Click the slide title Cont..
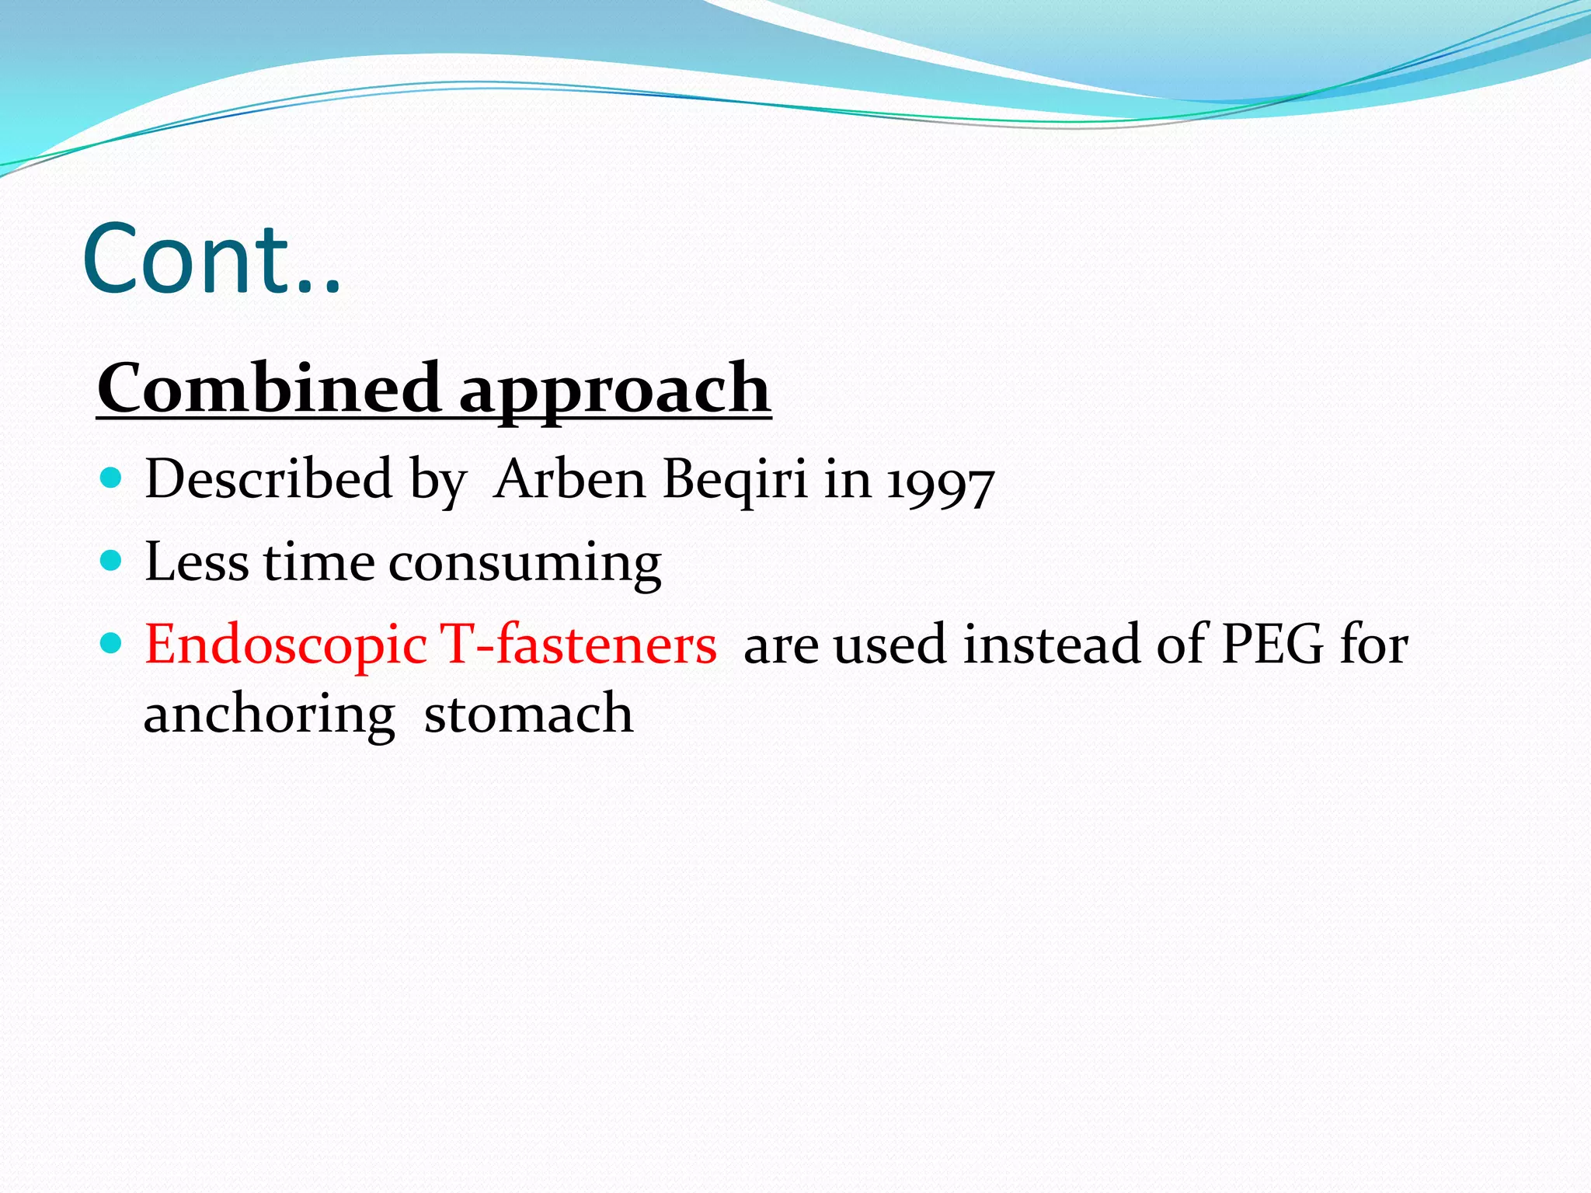(x=211, y=259)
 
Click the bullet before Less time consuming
(x=112, y=560)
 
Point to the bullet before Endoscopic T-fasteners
(x=112, y=643)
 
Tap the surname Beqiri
(x=735, y=481)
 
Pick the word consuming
(x=525, y=564)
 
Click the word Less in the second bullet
(x=197, y=561)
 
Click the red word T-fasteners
(x=578, y=645)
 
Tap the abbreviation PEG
(x=1272, y=645)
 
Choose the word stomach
(x=528, y=714)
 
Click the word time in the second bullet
(x=319, y=562)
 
